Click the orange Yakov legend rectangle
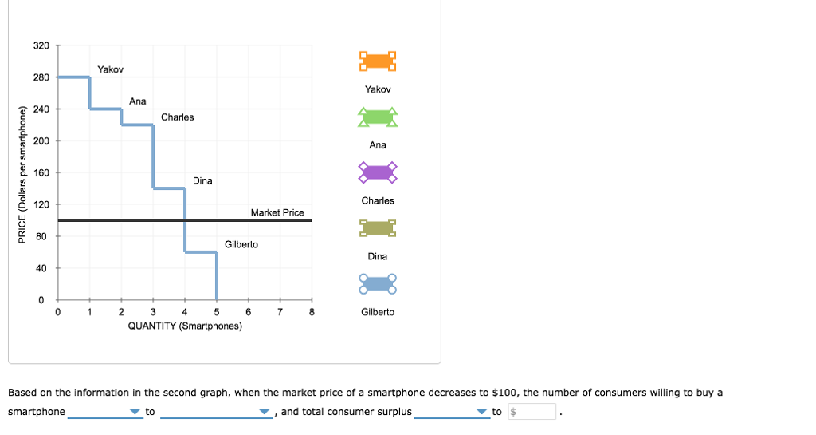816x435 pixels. [377, 61]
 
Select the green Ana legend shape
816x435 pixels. [377, 117]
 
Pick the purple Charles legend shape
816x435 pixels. [377, 172]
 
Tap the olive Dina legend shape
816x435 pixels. [377, 228]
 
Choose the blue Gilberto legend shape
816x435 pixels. [377, 283]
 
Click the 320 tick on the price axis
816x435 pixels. [41, 45]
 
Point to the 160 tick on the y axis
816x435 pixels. [41, 172]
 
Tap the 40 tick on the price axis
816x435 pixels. [41, 268]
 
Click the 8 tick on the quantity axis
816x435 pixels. [312, 312]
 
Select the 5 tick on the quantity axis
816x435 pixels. [217, 312]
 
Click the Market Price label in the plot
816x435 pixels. [277, 212]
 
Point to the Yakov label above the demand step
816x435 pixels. [110, 69]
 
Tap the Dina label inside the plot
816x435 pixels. [202, 180]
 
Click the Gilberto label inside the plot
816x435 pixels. [241, 244]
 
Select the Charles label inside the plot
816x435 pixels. [177, 117]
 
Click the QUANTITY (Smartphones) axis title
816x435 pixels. [185, 326]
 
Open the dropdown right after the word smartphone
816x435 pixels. [104, 412]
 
